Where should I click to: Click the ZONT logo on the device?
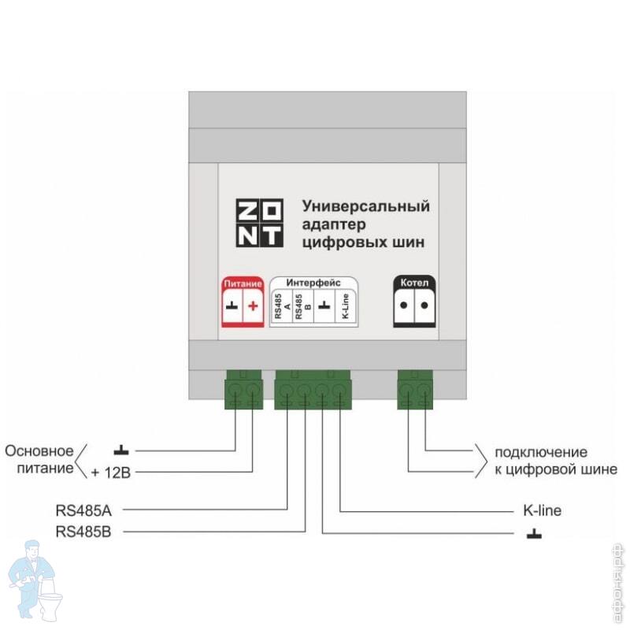[x=260, y=223]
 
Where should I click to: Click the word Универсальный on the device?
[x=365, y=206]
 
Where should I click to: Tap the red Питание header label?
[x=243, y=283]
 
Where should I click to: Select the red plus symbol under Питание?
[x=253, y=306]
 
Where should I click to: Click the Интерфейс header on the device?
[x=313, y=283]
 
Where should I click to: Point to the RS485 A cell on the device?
[x=283, y=306]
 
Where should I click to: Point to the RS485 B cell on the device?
[x=303, y=306]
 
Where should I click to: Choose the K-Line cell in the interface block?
[x=345, y=306]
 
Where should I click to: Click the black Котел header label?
[x=414, y=283]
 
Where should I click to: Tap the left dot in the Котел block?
[x=404, y=305]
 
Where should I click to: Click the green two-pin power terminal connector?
[x=244, y=390]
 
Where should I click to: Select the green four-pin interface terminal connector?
[x=313, y=390]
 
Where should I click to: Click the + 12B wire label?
[x=111, y=472]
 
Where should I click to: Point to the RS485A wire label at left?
[x=83, y=510]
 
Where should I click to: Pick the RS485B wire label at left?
[x=83, y=532]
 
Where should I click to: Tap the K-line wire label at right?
[x=542, y=510]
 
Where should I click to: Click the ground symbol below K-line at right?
[x=534, y=534]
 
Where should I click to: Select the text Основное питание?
[x=39, y=459]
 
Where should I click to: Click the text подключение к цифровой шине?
[x=556, y=461]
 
